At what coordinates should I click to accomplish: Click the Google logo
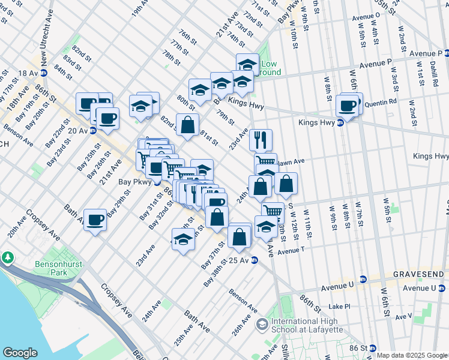[x=20, y=353]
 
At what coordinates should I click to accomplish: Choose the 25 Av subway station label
[x=239, y=260]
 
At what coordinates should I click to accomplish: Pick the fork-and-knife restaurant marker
[x=261, y=140]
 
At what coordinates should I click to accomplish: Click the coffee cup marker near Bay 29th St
[x=95, y=220]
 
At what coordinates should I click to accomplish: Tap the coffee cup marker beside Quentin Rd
[x=347, y=106]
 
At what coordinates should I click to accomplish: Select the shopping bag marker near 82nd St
[x=187, y=125]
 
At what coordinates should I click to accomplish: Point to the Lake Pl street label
[x=339, y=306]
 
